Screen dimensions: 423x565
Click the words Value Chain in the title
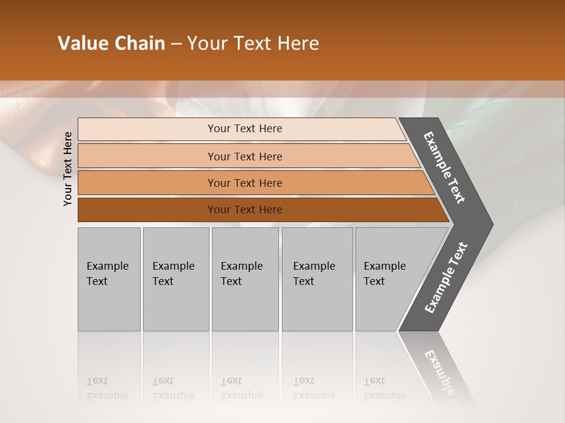(111, 43)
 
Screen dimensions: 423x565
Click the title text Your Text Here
(253, 43)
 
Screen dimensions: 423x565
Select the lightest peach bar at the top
(147, 129)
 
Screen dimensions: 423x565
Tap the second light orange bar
(147, 156)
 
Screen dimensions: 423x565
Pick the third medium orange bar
(147, 183)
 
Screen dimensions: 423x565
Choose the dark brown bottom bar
(147, 210)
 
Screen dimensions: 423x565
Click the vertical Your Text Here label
(68, 169)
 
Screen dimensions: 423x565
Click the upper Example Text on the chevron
(444, 167)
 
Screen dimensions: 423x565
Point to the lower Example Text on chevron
(446, 278)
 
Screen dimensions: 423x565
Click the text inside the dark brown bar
(245, 210)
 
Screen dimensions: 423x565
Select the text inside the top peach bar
(245, 129)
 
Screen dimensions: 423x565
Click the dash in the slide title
(176, 44)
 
